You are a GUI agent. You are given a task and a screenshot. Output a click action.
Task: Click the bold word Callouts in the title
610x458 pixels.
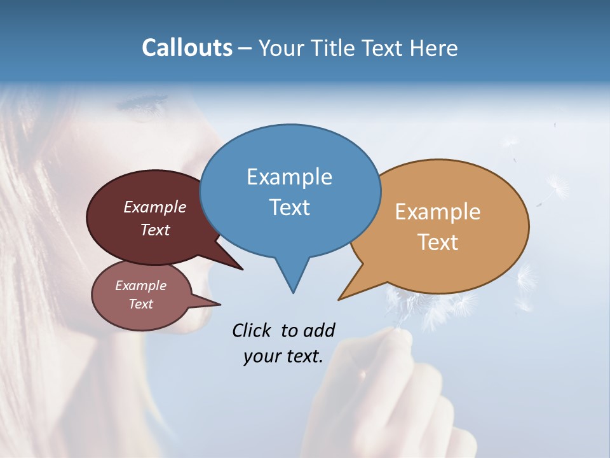tap(187, 48)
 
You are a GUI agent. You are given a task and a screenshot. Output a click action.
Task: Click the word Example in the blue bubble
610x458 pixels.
tap(289, 177)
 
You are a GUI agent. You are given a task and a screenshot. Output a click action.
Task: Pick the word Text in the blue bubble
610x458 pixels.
tap(289, 207)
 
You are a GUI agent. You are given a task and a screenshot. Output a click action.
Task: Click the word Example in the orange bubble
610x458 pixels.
tap(438, 212)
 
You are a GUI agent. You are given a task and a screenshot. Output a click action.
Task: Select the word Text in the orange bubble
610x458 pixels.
tap(438, 242)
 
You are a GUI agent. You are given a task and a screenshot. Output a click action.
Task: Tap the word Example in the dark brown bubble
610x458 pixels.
tap(155, 207)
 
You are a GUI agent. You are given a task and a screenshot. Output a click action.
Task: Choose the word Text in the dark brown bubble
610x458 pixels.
tap(155, 230)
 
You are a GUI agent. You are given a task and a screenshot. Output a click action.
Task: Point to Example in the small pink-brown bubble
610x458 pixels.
tap(141, 286)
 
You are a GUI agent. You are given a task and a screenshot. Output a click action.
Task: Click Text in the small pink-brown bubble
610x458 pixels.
tap(141, 304)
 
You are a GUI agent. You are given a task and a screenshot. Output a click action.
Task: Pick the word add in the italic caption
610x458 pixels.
tap(318, 330)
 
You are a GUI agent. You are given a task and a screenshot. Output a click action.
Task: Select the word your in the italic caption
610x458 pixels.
tap(261, 356)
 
